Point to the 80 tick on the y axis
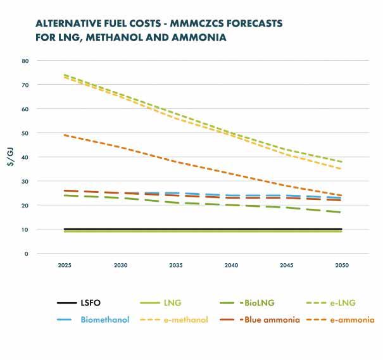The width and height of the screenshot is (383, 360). [x=25, y=61]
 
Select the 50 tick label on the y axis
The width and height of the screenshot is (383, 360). [x=25, y=133]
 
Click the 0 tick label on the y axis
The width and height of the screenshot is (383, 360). [x=27, y=254]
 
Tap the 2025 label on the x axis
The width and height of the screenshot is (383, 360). [x=64, y=266]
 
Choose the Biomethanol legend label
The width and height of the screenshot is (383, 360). [x=104, y=320]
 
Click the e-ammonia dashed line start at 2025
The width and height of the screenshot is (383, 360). [x=64, y=135]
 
